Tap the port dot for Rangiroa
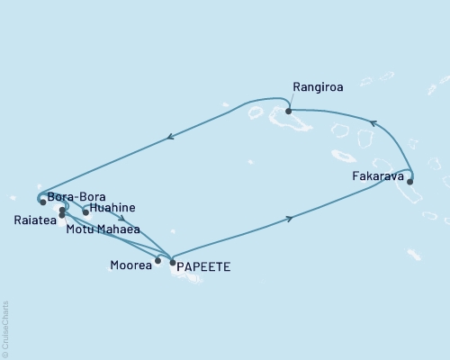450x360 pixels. pyautogui.click(x=288, y=112)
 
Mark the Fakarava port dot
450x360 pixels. pyautogui.click(x=410, y=182)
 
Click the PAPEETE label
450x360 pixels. pyautogui.click(x=202, y=266)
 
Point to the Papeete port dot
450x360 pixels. pyautogui.click(x=172, y=262)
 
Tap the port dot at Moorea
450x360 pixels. pyautogui.click(x=157, y=262)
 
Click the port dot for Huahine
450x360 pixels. pyautogui.click(x=85, y=212)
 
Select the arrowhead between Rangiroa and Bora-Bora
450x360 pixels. pyautogui.click(x=169, y=138)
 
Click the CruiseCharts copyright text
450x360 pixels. pyautogui.click(x=5, y=328)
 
